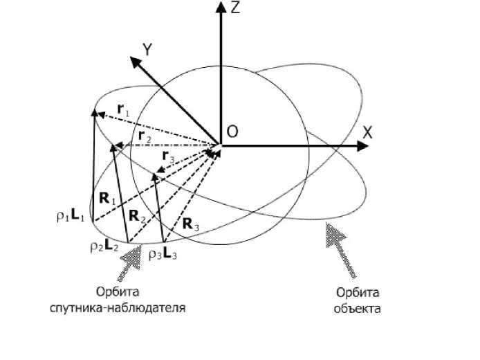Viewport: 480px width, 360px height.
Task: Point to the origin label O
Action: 233,131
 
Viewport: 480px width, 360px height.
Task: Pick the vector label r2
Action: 143,137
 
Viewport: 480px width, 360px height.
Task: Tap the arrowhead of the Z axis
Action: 220,7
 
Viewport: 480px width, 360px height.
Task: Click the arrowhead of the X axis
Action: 361,145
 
